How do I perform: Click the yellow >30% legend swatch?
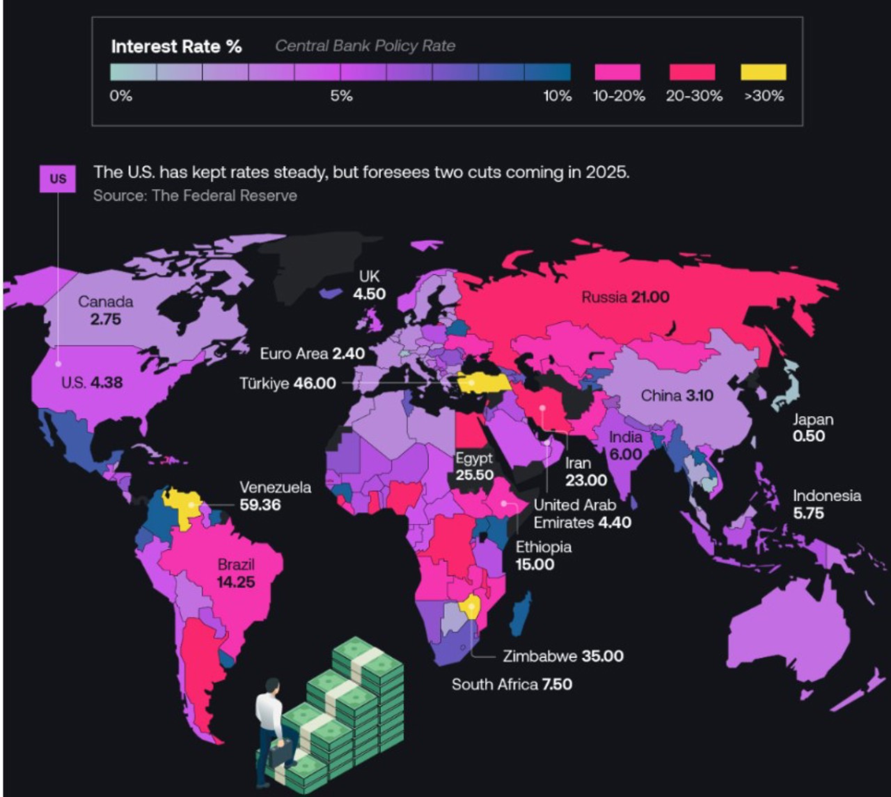click(764, 72)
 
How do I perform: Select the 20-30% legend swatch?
click(692, 72)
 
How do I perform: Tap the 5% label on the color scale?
click(341, 96)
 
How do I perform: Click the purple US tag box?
click(58, 179)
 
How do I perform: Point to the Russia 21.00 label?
click(625, 297)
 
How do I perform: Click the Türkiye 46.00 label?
click(287, 384)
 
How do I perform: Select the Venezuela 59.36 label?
click(275, 496)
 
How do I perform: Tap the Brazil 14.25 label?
click(236, 573)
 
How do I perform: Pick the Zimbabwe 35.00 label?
click(562, 656)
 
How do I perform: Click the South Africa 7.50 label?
click(512, 684)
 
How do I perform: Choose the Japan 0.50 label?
click(812, 428)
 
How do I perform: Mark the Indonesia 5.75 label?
click(826, 505)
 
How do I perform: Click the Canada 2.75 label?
click(105, 310)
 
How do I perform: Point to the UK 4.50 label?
click(369, 285)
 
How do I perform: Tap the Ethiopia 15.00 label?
click(543, 555)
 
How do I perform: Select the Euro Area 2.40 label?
click(312, 354)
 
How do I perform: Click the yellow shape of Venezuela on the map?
click(182, 505)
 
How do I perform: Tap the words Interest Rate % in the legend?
click(176, 47)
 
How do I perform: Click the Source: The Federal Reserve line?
click(195, 196)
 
